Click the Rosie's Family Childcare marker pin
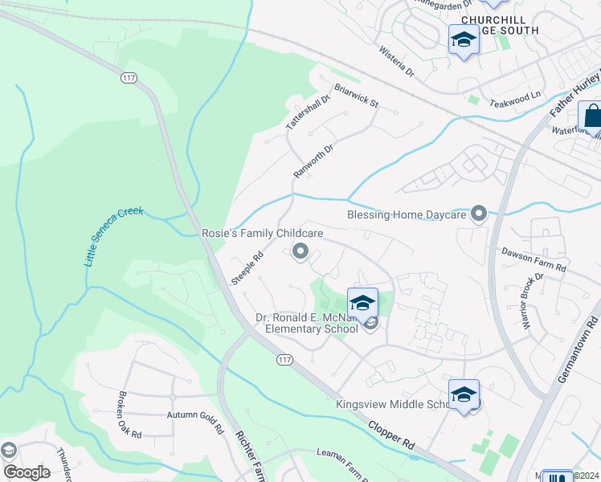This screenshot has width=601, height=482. [300, 252]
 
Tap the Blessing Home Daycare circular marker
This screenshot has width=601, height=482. [480, 214]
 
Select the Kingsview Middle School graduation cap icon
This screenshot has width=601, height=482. [464, 394]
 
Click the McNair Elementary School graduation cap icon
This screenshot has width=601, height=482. [362, 304]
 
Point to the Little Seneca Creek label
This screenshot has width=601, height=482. [113, 237]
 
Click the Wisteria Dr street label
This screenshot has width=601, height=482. [397, 61]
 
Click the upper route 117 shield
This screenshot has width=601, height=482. [128, 78]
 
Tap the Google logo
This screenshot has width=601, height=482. [27, 472]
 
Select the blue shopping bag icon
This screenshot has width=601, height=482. [591, 117]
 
